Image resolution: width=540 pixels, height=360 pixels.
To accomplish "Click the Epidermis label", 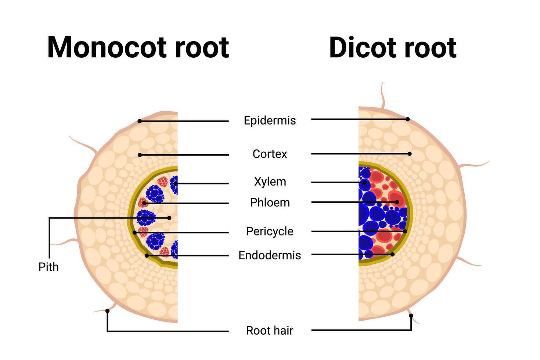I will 270,120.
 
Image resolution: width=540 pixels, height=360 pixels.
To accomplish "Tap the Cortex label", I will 270,154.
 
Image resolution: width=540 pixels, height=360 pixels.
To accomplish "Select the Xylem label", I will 270,181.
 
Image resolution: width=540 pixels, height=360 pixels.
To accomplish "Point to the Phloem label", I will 270,202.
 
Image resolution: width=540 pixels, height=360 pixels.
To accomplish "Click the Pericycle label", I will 270,231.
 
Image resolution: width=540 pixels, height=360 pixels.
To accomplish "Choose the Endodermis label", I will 270,255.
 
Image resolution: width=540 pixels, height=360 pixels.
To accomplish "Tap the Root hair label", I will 270,331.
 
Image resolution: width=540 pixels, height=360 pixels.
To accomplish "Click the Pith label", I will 48,267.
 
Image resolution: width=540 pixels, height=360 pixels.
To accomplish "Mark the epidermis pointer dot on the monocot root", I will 140,121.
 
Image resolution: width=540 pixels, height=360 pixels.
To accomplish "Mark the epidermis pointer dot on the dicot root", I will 408,119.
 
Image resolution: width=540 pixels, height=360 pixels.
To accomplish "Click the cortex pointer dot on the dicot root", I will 410,154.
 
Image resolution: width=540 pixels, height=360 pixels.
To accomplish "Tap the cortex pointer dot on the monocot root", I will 140,155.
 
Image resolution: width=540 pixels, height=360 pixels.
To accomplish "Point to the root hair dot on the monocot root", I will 107,311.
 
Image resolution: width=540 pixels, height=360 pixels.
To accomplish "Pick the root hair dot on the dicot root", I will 411,316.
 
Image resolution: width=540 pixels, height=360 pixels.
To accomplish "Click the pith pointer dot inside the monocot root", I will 169,218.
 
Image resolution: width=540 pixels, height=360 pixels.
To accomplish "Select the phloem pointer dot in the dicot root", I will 397,202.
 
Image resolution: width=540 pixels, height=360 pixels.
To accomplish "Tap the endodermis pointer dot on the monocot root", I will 147,255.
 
